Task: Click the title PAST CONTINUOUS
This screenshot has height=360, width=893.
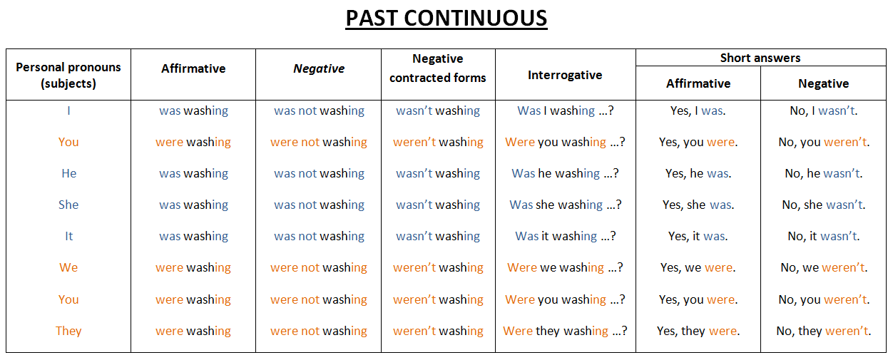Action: (x=446, y=19)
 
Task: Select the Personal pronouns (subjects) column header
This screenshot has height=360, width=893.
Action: (x=68, y=76)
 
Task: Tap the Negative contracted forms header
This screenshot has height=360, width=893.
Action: (x=438, y=68)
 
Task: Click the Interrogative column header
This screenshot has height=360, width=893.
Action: (x=565, y=76)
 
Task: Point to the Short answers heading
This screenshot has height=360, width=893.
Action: (x=760, y=58)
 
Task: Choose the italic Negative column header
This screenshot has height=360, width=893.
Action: (x=319, y=69)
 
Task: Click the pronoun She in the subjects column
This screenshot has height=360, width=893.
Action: (x=68, y=205)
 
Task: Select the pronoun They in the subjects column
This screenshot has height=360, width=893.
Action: (x=68, y=331)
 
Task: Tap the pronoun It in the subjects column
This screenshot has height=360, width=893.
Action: (x=69, y=236)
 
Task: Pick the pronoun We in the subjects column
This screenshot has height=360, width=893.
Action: (x=68, y=267)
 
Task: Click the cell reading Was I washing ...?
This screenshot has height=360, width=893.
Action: (x=566, y=110)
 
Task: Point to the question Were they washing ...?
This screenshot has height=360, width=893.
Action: (x=565, y=331)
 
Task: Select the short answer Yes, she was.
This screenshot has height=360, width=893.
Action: (x=698, y=205)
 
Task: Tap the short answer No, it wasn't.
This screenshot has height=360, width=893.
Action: (x=824, y=236)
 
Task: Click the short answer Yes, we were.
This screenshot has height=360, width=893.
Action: (x=698, y=267)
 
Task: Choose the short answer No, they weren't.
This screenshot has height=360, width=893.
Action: (x=824, y=331)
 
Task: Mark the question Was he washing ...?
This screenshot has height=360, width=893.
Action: (x=566, y=174)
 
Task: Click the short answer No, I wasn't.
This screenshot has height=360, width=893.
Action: (x=824, y=110)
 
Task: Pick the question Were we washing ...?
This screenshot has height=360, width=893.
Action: (x=565, y=267)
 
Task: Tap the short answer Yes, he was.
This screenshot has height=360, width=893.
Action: (x=698, y=174)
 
